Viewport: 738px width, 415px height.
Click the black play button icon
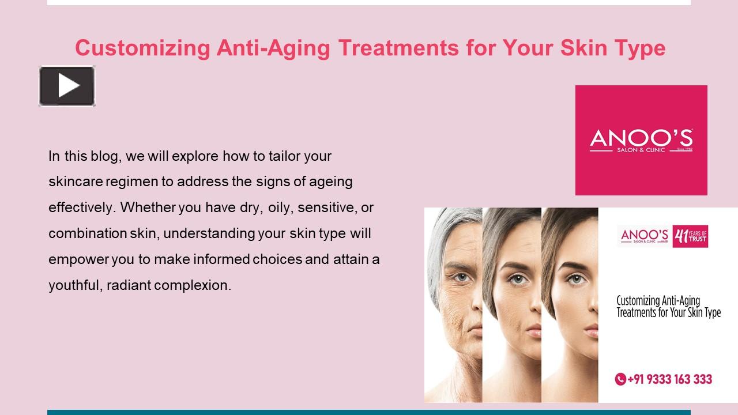tap(67, 86)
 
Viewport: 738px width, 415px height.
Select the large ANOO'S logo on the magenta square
tap(641, 140)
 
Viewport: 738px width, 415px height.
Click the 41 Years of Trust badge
tap(690, 236)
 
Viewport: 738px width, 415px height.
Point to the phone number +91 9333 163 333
tap(669, 379)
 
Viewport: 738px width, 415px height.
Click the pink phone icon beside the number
tap(620, 379)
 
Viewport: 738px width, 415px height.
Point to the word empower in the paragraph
tap(78, 259)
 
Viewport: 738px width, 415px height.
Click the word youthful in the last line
tap(75, 285)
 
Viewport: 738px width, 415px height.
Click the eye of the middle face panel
tap(517, 278)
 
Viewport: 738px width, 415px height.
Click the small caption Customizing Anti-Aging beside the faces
tap(658, 300)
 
